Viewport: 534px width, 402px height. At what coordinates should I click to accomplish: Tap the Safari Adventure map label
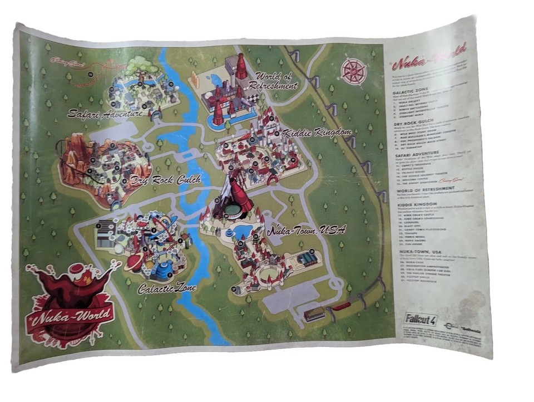point(106,114)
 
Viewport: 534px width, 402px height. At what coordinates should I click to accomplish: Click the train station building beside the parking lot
point(314,314)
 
